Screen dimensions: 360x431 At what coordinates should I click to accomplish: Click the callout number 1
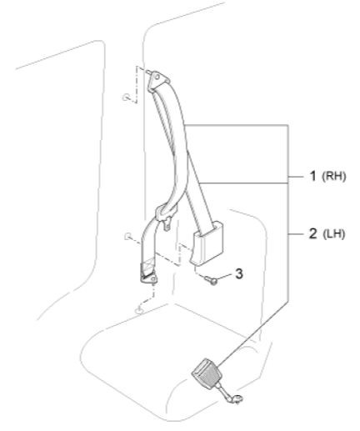(313, 176)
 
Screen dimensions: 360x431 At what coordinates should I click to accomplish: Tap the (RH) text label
(334, 177)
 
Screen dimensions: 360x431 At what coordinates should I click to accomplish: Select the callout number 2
(313, 233)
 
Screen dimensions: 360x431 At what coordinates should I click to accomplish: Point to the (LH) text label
(334, 234)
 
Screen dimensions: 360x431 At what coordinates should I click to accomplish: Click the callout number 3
(239, 273)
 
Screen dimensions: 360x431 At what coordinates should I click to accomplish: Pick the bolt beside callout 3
(211, 279)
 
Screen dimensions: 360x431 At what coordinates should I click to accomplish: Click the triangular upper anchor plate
(157, 81)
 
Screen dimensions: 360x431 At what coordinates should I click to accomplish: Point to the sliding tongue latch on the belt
(163, 214)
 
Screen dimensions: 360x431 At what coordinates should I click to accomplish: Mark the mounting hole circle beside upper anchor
(126, 98)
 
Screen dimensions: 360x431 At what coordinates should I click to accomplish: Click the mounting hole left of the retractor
(128, 236)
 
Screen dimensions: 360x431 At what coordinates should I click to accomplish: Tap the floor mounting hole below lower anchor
(139, 309)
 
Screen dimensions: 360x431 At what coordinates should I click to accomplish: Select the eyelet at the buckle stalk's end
(237, 399)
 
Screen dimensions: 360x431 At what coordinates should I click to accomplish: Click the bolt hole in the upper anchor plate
(157, 78)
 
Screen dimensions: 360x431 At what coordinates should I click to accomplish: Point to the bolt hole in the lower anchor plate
(152, 279)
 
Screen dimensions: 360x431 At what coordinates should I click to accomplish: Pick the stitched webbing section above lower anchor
(148, 266)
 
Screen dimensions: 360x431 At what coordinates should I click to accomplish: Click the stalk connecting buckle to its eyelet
(223, 390)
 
